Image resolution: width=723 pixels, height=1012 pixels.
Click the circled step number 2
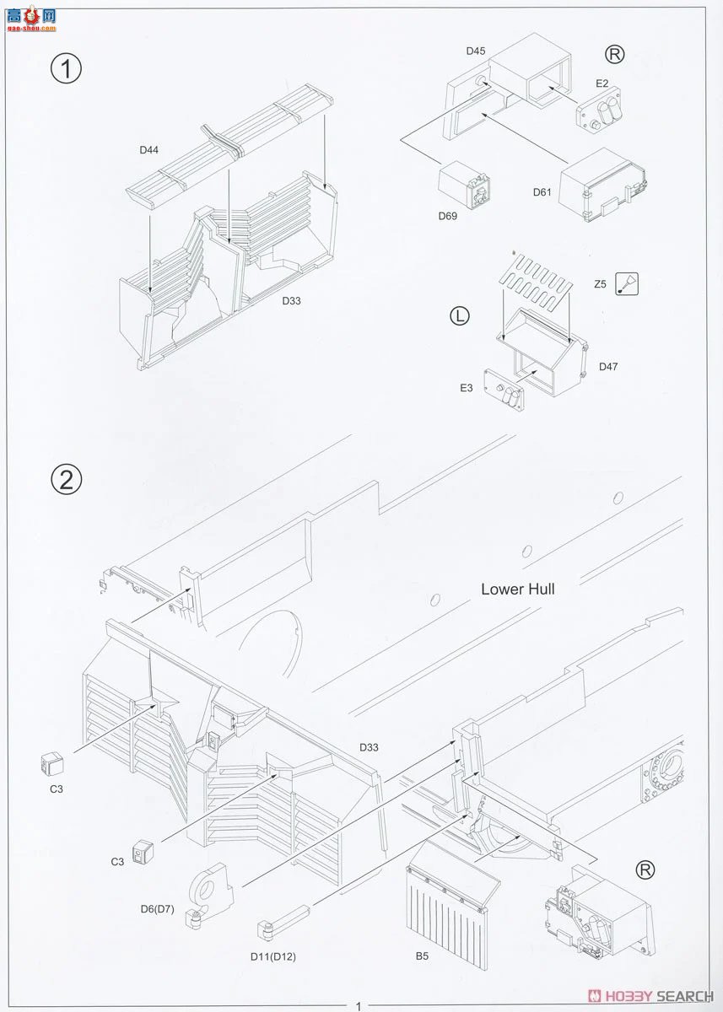coord(66,479)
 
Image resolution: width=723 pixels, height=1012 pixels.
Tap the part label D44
coord(150,151)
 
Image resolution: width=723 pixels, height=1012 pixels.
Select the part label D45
coord(475,51)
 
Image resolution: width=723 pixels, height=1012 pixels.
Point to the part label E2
coord(602,83)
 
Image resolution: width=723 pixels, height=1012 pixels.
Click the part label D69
coord(447,216)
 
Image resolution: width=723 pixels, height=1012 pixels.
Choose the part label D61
coord(542,192)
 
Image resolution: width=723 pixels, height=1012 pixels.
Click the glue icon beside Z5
coord(627,284)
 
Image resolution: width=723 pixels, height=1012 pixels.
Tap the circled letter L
coord(458,316)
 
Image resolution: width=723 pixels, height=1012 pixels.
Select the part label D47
coord(608,366)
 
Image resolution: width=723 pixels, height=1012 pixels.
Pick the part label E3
coord(467,388)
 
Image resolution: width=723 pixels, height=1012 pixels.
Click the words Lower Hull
coord(517,589)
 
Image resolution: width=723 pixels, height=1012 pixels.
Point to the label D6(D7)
coord(157,908)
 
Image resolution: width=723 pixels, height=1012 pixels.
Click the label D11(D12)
coord(272,956)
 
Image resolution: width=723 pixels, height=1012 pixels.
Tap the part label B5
coord(422,956)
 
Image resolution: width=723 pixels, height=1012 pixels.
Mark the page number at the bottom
coord(359,1005)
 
